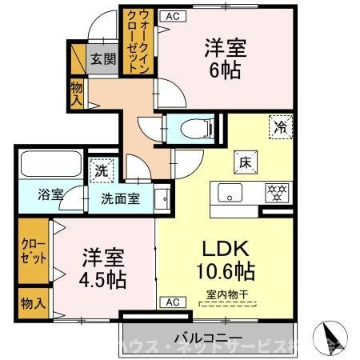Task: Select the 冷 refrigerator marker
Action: pyautogui.click(x=281, y=126)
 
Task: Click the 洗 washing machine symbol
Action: pyautogui.click(x=102, y=170)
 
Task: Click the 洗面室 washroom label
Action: pyautogui.click(x=121, y=198)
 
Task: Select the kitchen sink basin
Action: pyautogui.click(x=230, y=193)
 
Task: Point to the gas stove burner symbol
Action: pyautogui.click(x=278, y=192)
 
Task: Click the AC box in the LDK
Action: pyautogui.click(x=171, y=302)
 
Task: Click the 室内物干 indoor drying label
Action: pyautogui.click(x=226, y=294)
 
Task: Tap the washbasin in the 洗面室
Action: pyautogui.click(x=162, y=197)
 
